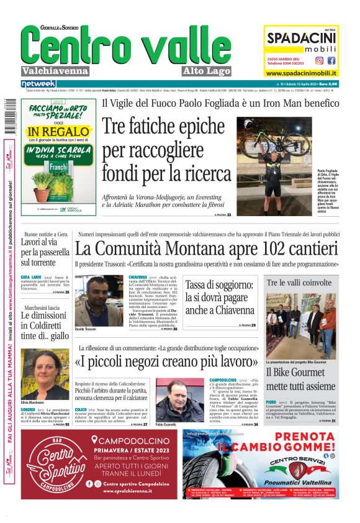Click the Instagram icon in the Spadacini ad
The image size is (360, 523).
(319, 60)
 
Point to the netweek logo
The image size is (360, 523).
(38, 83)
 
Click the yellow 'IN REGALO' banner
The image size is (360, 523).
(58, 132)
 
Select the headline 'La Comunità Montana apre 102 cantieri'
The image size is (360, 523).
(206, 249)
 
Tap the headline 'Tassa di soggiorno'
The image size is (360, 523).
(220, 298)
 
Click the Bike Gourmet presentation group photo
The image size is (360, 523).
(302, 325)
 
